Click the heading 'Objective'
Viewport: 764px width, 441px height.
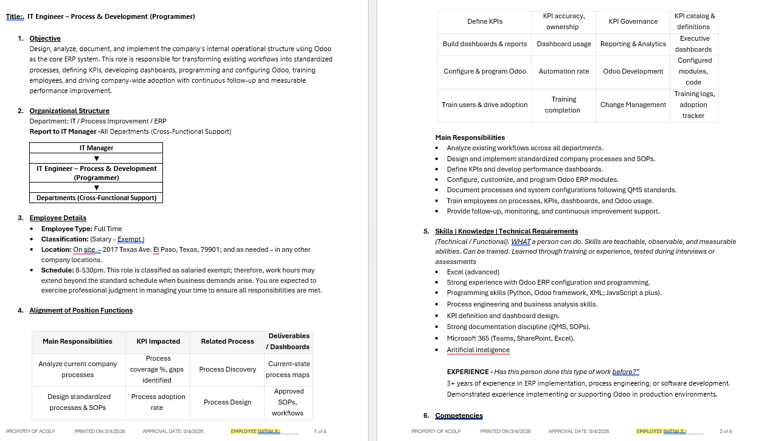coord(45,38)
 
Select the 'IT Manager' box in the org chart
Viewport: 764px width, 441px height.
coord(96,148)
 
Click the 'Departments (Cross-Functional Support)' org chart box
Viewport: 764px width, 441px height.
coord(96,198)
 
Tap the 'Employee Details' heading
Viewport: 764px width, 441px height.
coord(58,218)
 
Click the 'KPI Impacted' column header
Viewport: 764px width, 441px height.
coord(156,341)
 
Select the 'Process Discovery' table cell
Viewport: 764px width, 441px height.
coord(227,369)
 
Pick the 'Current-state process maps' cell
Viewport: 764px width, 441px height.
coord(288,369)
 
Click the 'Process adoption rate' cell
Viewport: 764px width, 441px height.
coord(158,402)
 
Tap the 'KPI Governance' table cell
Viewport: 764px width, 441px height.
coord(633,21)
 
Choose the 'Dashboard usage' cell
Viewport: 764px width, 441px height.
coord(564,44)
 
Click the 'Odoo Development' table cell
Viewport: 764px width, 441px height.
coord(633,71)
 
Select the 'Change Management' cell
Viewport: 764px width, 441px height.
coord(633,105)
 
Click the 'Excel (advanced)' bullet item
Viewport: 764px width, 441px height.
coord(473,272)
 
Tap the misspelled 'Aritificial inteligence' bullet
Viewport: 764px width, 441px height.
coord(478,350)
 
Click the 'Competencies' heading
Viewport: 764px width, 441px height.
coord(459,415)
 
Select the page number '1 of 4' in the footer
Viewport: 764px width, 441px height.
coord(320,431)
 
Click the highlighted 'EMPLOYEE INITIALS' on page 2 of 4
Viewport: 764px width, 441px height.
coord(661,431)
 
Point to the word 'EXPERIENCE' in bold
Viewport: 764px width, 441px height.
coord(468,372)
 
